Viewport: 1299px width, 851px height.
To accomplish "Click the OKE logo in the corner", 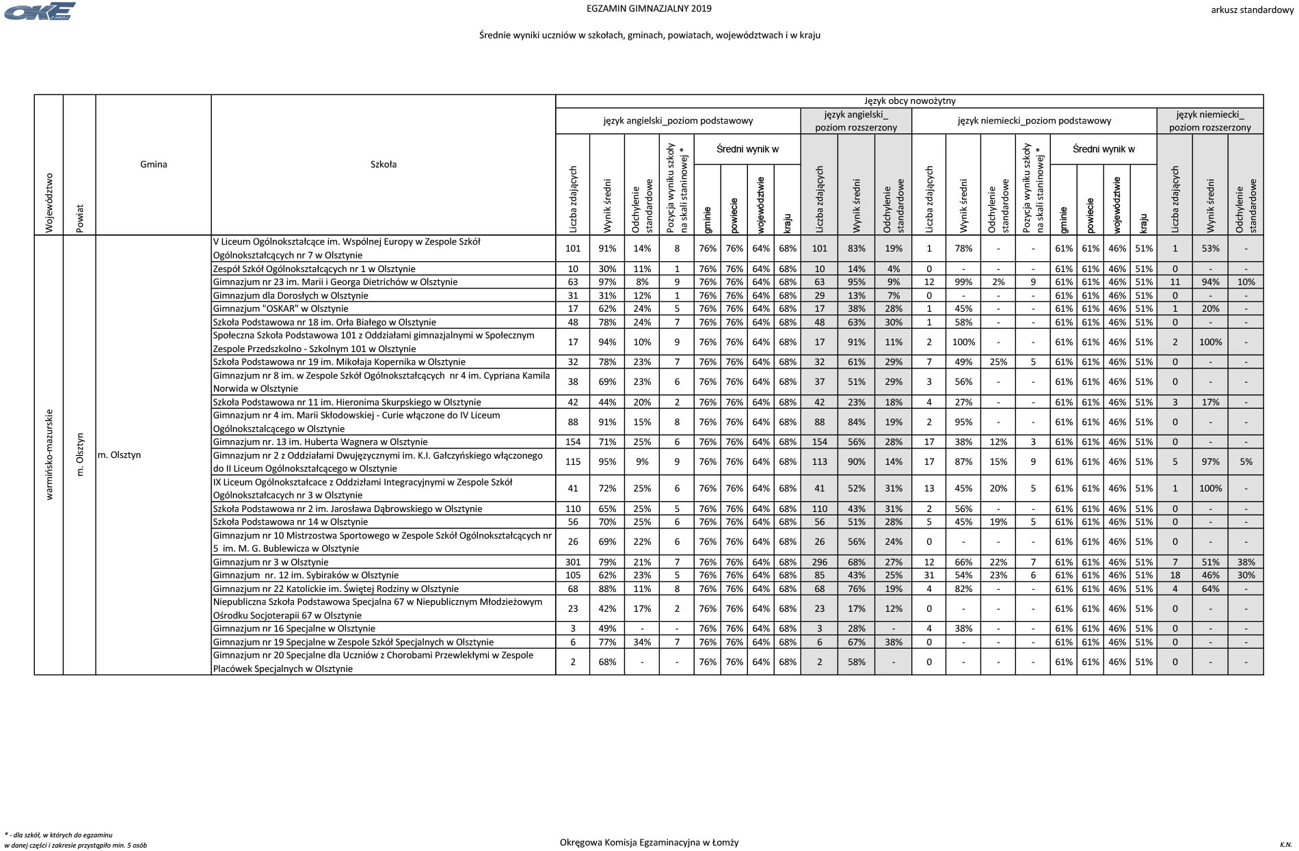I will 40,12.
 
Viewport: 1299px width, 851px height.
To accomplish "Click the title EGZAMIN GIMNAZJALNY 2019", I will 649,9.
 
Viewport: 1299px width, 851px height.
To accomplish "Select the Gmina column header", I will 154,164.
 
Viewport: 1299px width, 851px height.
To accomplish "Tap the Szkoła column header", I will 384,164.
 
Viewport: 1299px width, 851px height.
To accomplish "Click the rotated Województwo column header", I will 49,202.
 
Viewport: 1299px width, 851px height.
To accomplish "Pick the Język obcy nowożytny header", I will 909,101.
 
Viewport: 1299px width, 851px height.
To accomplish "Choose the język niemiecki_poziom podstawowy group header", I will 1034,121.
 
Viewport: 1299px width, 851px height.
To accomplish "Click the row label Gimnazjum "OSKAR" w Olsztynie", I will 280,309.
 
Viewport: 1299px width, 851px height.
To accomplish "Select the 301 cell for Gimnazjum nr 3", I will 573,563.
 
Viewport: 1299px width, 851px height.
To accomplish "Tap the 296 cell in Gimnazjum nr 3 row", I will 819,563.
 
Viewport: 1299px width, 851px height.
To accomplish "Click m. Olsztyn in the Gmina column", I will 120,455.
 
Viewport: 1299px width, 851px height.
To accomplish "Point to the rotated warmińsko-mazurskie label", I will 49,455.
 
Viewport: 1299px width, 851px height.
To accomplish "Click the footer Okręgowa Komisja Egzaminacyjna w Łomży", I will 649,843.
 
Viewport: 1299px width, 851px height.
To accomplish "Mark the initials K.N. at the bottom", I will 1286,845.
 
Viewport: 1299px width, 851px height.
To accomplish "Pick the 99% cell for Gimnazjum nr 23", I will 963,282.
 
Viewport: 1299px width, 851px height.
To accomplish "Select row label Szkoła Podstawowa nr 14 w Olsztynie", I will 291,522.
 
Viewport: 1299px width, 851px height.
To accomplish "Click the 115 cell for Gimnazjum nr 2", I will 573,462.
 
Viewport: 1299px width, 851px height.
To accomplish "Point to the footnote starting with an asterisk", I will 75,840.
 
